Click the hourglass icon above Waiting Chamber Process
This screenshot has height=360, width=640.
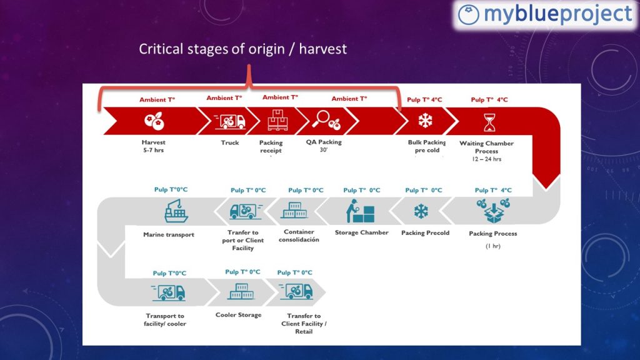coord(489,122)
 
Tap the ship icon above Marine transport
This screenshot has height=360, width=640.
coord(176,211)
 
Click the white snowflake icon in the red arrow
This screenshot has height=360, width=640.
coord(425,121)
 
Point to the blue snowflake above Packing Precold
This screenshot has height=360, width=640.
coord(421,211)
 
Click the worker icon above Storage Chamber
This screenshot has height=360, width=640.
coord(360,211)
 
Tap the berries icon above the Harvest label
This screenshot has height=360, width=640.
coord(154,121)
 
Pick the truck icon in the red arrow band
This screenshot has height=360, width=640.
coord(230,121)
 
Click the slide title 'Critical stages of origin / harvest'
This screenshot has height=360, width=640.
coord(243,49)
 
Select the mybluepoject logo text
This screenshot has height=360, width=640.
coord(558,14)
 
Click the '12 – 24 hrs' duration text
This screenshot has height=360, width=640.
coord(486,159)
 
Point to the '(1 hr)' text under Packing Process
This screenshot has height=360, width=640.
coord(492,246)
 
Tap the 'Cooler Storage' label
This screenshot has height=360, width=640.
coord(238,315)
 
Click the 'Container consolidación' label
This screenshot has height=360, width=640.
coord(299,236)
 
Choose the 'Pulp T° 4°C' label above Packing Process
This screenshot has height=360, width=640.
coord(493,190)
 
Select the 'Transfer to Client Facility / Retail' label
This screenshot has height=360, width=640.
coord(304,324)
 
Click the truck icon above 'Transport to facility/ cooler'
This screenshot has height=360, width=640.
coord(169,292)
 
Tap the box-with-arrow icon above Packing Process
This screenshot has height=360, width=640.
coord(493,211)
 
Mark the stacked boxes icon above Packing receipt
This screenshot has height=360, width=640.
coord(277,120)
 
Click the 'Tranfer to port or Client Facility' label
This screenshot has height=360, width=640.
coord(243,240)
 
